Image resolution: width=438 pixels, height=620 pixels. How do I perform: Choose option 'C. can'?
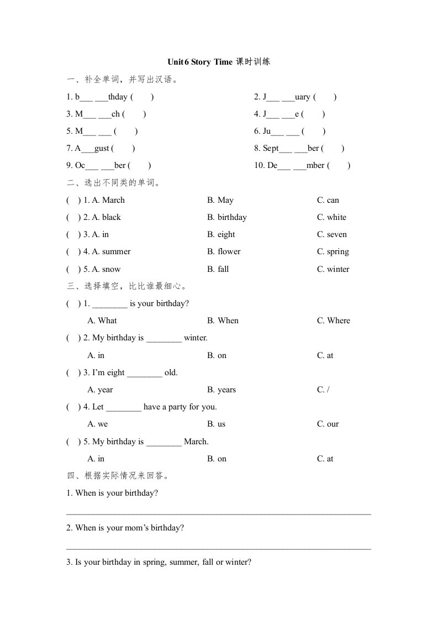(x=328, y=200)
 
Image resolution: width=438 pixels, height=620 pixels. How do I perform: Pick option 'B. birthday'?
(x=227, y=217)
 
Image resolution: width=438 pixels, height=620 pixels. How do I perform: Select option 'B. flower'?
(x=224, y=251)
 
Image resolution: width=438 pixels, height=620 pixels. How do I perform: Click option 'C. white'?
(x=331, y=217)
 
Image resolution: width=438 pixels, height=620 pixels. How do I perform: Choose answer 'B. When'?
(x=223, y=320)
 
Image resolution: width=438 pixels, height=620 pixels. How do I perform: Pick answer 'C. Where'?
(x=333, y=320)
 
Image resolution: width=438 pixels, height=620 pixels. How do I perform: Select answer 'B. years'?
(x=221, y=390)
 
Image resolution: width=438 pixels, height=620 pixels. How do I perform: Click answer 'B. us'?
(x=217, y=424)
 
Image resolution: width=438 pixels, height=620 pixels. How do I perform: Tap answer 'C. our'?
(x=328, y=424)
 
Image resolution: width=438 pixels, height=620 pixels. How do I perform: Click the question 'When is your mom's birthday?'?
(x=129, y=528)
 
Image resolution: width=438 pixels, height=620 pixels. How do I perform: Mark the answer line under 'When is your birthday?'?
(x=218, y=514)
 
